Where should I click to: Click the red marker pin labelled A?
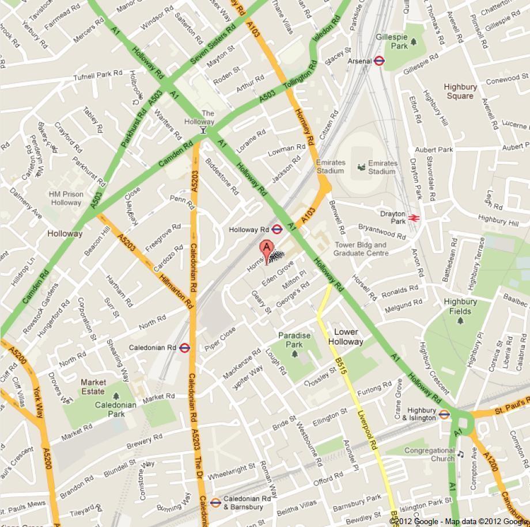tap(266, 250)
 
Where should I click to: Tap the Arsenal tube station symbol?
tap(379, 60)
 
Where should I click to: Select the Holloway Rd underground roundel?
tap(277, 230)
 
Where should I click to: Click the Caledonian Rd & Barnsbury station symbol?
tap(215, 502)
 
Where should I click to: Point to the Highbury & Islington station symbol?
tap(444, 414)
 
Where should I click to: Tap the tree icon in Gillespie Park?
tap(414, 41)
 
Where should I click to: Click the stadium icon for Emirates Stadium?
tap(361, 167)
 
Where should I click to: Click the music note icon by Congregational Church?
tap(460, 455)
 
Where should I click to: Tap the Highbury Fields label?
tap(460, 306)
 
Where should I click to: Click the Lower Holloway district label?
tap(346, 337)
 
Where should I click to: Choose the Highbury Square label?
tap(460, 91)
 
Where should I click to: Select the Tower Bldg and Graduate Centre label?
tap(360, 249)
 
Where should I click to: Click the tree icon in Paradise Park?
tap(295, 353)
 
